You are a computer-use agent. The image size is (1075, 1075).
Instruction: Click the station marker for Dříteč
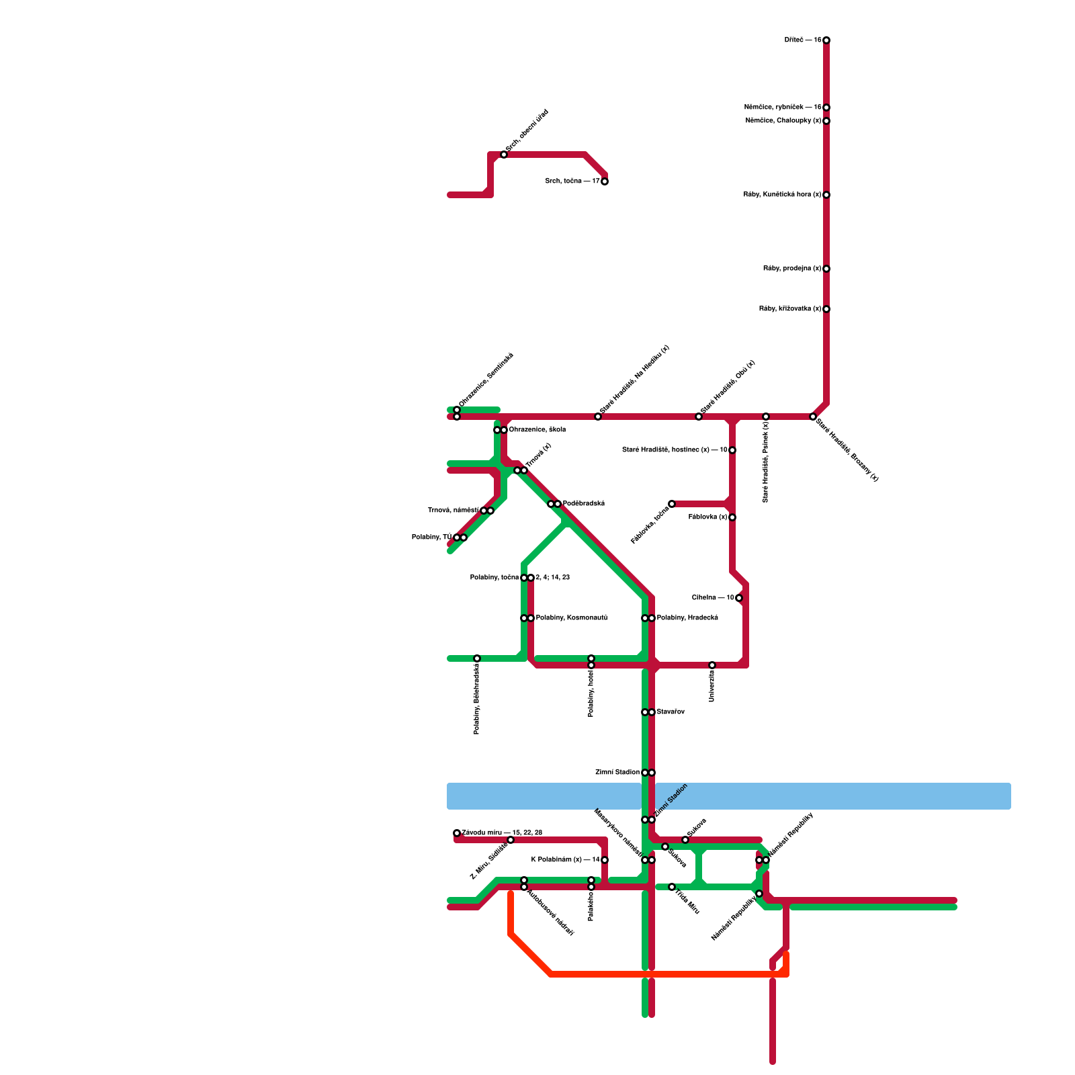[x=826, y=40]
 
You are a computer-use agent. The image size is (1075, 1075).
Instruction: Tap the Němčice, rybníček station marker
[x=826, y=107]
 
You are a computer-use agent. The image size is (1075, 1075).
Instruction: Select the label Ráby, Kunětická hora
[x=782, y=195]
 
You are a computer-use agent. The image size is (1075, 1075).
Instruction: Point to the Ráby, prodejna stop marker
[x=826, y=269]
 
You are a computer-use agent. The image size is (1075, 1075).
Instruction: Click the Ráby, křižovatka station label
[x=790, y=309]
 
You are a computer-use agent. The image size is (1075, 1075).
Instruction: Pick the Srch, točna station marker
[x=605, y=181]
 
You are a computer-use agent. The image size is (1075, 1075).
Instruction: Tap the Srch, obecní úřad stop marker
[x=504, y=155]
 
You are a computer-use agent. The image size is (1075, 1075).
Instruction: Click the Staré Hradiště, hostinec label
[x=675, y=450]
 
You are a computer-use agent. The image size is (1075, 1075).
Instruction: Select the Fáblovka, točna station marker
[x=672, y=504]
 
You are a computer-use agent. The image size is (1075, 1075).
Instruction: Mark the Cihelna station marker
[x=739, y=598]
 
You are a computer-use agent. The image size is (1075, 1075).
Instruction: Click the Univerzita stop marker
[x=712, y=665]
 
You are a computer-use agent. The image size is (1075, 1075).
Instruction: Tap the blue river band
[x=833, y=796]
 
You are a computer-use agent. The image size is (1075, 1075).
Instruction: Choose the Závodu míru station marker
[x=457, y=833]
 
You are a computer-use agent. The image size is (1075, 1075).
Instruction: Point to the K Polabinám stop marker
[x=605, y=860]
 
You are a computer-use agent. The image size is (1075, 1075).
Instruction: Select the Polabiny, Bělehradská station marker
[x=477, y=658]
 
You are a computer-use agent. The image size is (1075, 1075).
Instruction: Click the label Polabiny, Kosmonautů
[x=571, y=618]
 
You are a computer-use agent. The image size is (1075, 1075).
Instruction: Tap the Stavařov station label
[x=671, y=712]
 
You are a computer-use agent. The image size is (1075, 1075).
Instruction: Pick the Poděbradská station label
[x=584, y=504]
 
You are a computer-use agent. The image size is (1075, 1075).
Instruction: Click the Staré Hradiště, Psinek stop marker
[x=766, y=417]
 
